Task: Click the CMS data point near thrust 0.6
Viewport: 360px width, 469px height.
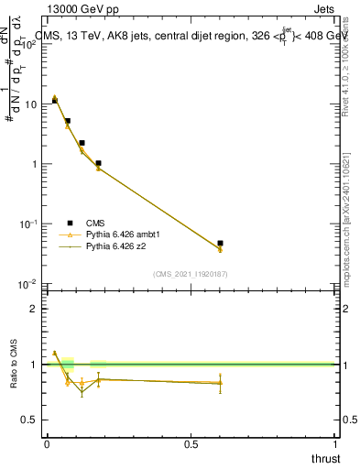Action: tap(220, 243)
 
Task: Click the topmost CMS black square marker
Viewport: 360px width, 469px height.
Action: tap(55, 101)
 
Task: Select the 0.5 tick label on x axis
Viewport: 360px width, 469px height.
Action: tap(191, 444)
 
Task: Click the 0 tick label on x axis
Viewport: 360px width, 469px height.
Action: tap(47, 444)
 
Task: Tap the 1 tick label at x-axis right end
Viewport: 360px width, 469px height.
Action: tap(335, 444)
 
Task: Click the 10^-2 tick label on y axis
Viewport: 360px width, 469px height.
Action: tap(27, 284)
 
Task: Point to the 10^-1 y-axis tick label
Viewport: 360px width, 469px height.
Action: tap(27, 224)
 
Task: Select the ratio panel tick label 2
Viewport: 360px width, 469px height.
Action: tap(35, 309)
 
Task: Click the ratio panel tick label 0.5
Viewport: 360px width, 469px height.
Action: tap(31, 420)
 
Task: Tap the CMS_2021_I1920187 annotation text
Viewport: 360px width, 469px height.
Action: tap(191, 274)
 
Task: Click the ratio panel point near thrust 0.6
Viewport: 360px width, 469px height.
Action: tap(220, 383)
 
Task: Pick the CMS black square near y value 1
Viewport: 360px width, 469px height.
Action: tap(98, 163)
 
